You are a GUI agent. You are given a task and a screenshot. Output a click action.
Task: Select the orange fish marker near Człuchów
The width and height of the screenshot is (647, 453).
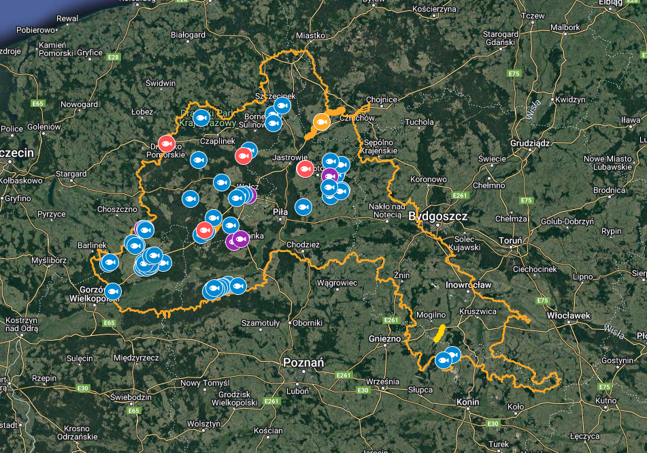coord(322,122)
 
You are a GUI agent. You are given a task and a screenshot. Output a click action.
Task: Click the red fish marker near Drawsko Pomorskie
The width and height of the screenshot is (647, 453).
coord(167,143)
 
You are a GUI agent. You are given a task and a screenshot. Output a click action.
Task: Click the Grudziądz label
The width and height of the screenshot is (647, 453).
coord(530,144)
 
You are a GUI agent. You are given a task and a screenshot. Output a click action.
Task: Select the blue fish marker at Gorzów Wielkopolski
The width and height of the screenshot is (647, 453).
coord(113,291)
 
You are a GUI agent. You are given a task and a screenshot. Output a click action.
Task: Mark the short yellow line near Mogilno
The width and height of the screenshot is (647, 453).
coord(439,332)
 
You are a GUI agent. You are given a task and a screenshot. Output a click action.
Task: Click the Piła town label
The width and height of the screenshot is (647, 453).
coord(280,212)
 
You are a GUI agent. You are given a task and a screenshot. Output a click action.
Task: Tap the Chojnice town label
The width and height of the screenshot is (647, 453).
coord(381,99)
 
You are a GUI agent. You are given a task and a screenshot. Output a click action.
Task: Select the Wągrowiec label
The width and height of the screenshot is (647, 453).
coord(337,282)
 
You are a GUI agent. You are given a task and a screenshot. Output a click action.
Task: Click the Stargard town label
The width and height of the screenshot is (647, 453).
coord(71,174)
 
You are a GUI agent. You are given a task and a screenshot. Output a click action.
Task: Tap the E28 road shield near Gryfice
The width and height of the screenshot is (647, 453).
coord(114,57)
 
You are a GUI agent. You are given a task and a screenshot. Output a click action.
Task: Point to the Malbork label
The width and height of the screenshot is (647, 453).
coord(566,27)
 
